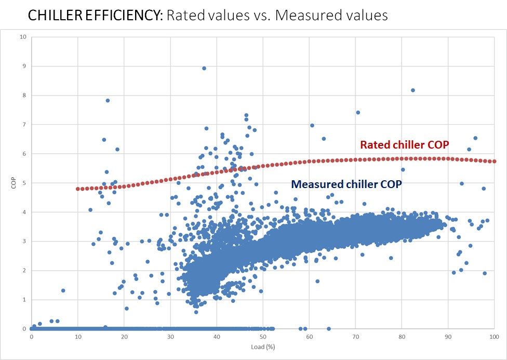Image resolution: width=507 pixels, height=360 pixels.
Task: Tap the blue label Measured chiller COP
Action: (346, 184)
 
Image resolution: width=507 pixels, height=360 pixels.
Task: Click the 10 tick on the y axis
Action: (21, 37)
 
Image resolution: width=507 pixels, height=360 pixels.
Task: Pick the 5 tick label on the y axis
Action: (23, 183)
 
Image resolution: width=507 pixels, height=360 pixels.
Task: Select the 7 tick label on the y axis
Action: (23, 125)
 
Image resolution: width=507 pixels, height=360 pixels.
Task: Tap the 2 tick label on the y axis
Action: (23, 271)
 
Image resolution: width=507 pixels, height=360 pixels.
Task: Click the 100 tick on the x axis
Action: (494, 336)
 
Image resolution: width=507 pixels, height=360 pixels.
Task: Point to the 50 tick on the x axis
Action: (263, 336)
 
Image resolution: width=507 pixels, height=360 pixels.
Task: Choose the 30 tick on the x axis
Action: (170, 336)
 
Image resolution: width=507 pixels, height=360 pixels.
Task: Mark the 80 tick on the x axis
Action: (402, 336)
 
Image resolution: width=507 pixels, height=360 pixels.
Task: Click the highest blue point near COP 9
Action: (204, 68)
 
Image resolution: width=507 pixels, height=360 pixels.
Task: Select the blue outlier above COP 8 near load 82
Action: (413, 90)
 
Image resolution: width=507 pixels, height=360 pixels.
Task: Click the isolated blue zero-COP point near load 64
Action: (329, 329)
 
